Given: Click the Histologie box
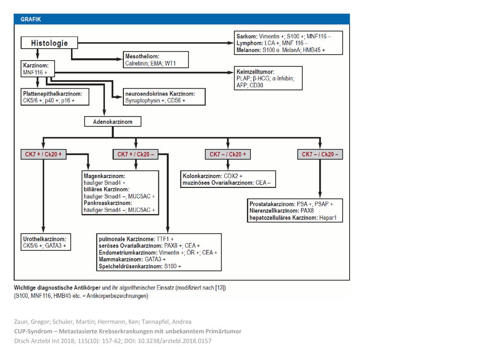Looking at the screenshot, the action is [49, 43].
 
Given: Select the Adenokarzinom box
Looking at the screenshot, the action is [112, 121].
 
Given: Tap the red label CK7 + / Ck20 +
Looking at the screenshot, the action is [44, 154].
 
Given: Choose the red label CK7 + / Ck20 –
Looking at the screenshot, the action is [135, 154].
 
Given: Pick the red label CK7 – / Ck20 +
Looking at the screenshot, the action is [228, 154].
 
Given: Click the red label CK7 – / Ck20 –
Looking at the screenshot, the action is [320, 154].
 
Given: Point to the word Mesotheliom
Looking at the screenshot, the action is [142, 56].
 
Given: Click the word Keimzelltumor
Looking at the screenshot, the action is [255, 72].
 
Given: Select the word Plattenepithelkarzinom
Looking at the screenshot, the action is [52, 94].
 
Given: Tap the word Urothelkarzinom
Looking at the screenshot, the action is [45, 239].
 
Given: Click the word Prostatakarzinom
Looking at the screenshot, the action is [272, 204].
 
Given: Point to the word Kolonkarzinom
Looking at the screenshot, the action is [202, 176].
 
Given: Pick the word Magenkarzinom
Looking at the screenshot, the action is [105, 176].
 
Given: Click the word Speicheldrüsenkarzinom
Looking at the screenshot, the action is [130, 266].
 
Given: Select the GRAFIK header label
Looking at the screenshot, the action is [30, 19].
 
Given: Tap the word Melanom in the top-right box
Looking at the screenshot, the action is [248, 50].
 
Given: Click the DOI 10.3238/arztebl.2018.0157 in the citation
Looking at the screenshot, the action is [168, 341].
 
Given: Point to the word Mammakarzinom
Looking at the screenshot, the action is [121, 259].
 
